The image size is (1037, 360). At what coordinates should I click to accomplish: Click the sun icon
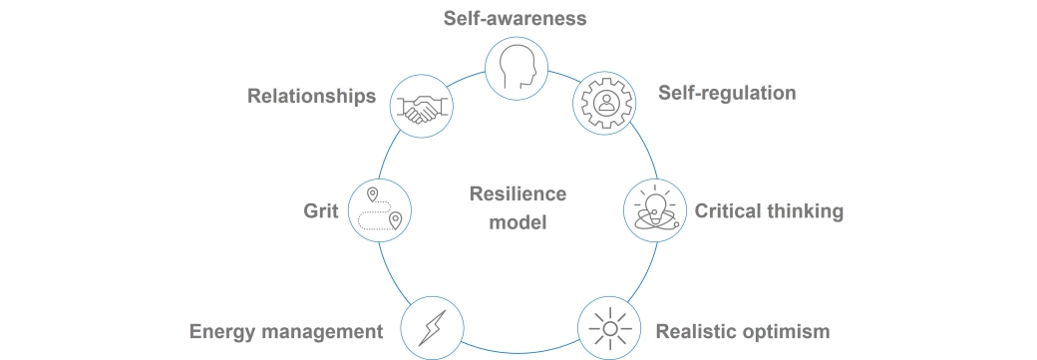pyautogui.click(x=606, y=327)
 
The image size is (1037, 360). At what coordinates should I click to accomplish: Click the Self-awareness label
pyautogui.click(x=515, y=18)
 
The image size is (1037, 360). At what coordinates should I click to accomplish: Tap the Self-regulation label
pyautogui.click(x=727, y=93)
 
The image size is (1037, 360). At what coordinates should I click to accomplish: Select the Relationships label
pyautogui.click(x=311, y=97)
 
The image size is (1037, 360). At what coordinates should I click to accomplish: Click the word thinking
pyautogui.click(x=803, y=211)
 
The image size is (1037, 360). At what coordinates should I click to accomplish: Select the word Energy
pyautogui.click(x=219, y=331)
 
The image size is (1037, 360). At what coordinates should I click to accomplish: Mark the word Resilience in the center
pyautogui.click(x=518, y=193)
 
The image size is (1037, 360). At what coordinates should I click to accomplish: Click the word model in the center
pyautogui.click(x=518, y=222)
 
